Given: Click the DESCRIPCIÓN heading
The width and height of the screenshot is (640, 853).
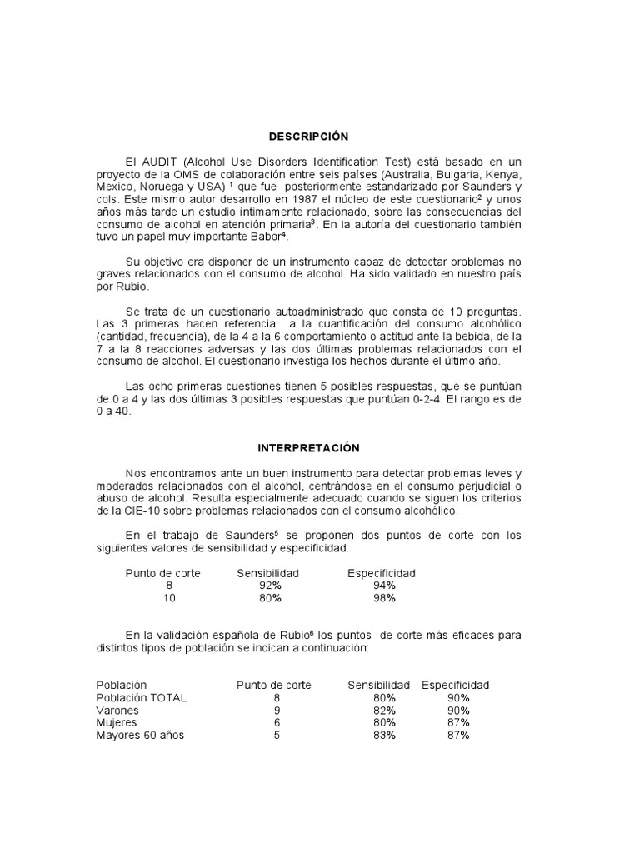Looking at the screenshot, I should coord(308,137).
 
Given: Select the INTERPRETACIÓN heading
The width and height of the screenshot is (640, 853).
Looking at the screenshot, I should coord(307,448).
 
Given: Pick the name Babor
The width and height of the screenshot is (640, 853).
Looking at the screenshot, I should coord(240,237).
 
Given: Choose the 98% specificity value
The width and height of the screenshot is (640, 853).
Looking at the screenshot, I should coord(384,598).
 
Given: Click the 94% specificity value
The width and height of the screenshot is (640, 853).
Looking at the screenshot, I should coord(384,586).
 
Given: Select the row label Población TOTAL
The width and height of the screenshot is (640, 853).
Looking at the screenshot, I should coord(142,697).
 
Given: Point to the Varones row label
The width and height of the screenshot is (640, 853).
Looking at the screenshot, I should coord(117,711).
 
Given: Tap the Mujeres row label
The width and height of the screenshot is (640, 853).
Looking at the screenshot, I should coord(117,723).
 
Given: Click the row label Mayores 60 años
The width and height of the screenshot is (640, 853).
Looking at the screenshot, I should coord(140,736).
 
